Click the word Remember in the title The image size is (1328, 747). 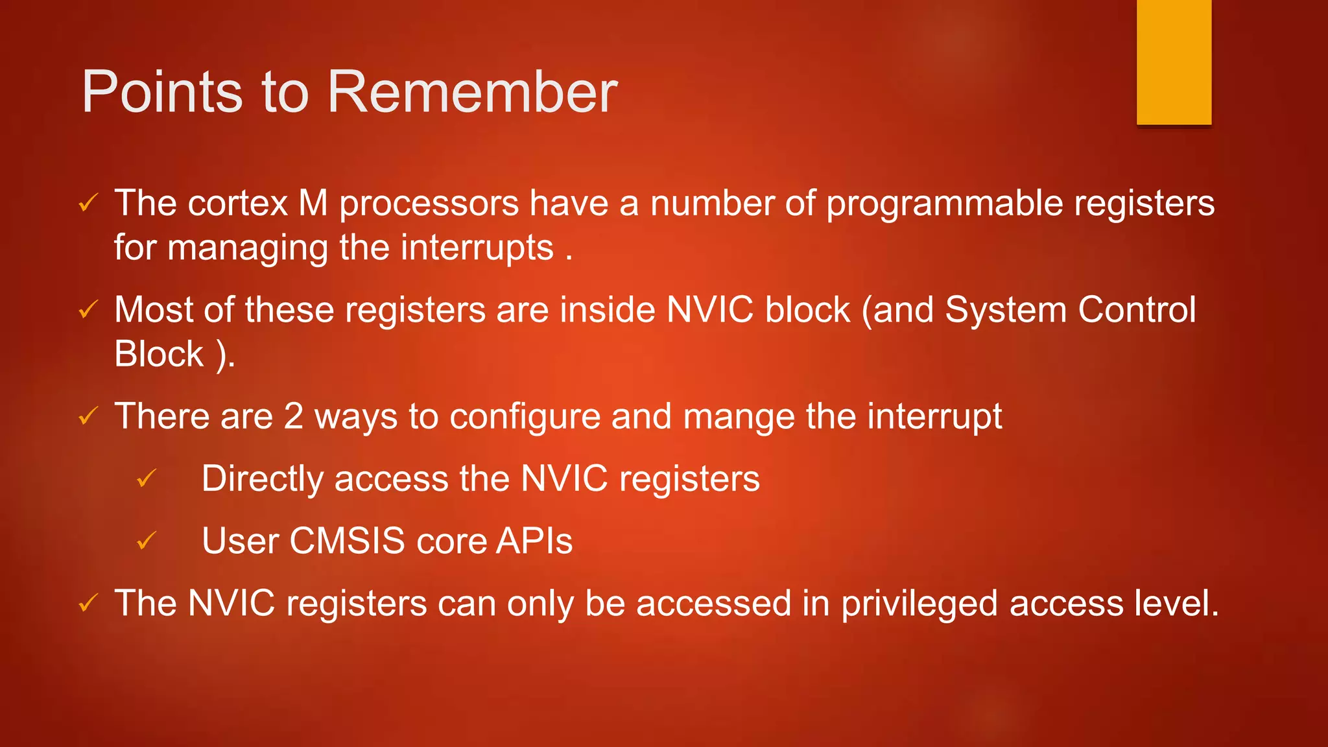(472, 92)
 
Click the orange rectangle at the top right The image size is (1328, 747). (1174, 62)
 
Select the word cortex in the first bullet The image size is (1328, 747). (237, 204)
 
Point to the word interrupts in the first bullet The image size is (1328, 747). (477, 248)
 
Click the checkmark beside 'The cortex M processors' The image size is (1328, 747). (88, 203)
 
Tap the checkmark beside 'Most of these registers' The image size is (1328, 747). (88, 309)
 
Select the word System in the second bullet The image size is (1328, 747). (1005, 310)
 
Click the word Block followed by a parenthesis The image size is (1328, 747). (159, 355)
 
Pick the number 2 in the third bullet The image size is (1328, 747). (294, 416)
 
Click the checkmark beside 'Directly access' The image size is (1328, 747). (147, 479)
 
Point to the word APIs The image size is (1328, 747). (534, 541)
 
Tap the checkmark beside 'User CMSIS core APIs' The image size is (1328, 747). (147, 540)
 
